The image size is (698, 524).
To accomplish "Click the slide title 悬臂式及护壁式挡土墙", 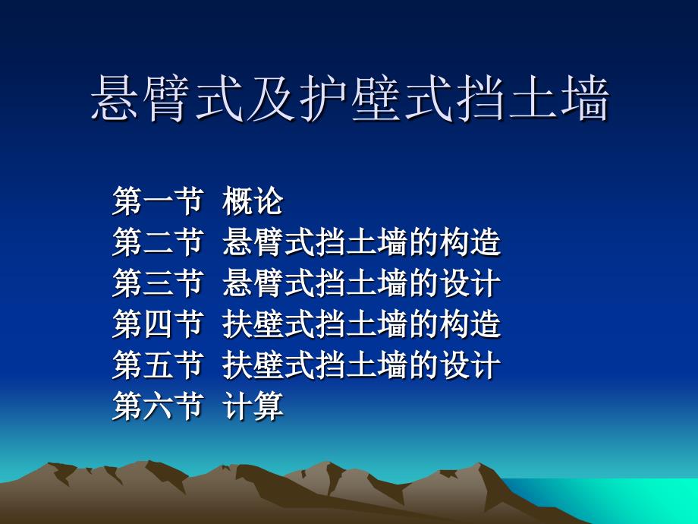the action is point(350,98).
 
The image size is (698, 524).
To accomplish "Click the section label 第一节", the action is point(158,201).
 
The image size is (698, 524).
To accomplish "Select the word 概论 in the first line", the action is point(253,201).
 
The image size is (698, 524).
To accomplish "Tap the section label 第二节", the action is point(158,242).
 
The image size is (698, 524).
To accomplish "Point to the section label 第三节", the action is point(158,283).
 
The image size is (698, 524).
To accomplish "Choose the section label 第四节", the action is point(158,324).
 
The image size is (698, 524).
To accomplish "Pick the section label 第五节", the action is point(158,365).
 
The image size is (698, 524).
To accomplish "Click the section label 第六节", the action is point(158,406).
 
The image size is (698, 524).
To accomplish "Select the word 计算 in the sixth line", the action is point(253,406).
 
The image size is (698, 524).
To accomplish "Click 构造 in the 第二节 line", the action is point(470,242).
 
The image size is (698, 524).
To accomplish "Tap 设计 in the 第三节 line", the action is point(470,283).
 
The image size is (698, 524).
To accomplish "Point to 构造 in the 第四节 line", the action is point(470,324).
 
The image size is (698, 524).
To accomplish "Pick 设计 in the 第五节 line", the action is point(470,365).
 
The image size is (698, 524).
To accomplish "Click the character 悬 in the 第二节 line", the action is point(237,242).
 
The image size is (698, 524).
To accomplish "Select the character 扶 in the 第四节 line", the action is point(237,324).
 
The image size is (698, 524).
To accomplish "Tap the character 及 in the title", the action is point(272,98).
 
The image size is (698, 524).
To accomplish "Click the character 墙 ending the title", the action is point(584,98).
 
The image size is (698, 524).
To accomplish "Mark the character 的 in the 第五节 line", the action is point(424,365).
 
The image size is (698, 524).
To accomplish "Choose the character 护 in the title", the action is point(324,98).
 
